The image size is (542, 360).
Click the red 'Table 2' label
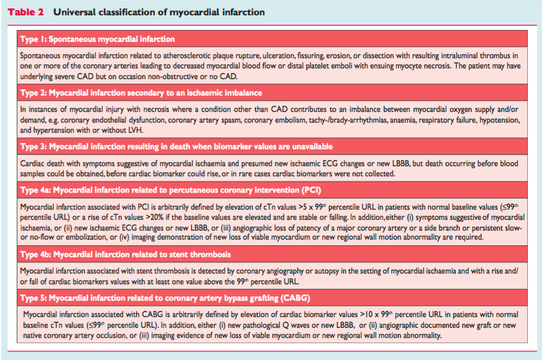click(25, 12)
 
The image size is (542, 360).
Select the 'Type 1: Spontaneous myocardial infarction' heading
click(97, 39)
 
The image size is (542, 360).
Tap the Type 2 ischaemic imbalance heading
click(141, 93)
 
